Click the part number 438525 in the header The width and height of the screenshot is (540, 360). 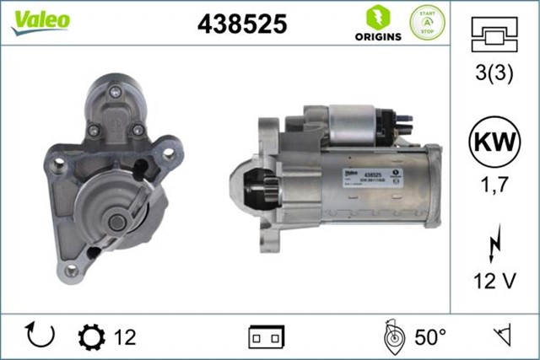click(241, 24)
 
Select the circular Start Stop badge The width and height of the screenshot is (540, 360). click(426, 23)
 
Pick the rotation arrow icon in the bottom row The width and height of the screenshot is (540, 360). click(40, 336)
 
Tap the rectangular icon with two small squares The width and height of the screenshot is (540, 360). click(266, 337)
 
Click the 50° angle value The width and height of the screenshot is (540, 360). click(429, 337)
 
